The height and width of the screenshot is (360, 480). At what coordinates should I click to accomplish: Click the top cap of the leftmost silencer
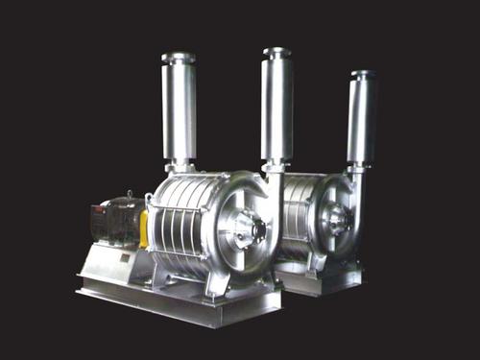[179, 59]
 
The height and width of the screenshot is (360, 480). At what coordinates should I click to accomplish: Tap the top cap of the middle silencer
[276, 53]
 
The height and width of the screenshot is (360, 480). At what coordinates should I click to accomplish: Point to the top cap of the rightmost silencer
[362, 74]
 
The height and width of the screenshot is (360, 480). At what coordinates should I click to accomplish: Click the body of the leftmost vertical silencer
[180, 110]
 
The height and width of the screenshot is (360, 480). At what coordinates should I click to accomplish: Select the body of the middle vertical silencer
[276, 106]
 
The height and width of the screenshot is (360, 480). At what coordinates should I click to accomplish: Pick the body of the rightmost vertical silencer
[362, 120]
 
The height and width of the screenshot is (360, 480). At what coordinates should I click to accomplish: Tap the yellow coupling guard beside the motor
[143, 228]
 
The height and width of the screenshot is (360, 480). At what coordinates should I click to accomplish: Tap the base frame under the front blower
[182, 302]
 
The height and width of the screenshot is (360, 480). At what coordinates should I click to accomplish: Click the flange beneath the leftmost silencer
[180, 169]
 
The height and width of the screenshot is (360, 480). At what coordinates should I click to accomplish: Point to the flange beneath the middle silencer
[276, 166]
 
